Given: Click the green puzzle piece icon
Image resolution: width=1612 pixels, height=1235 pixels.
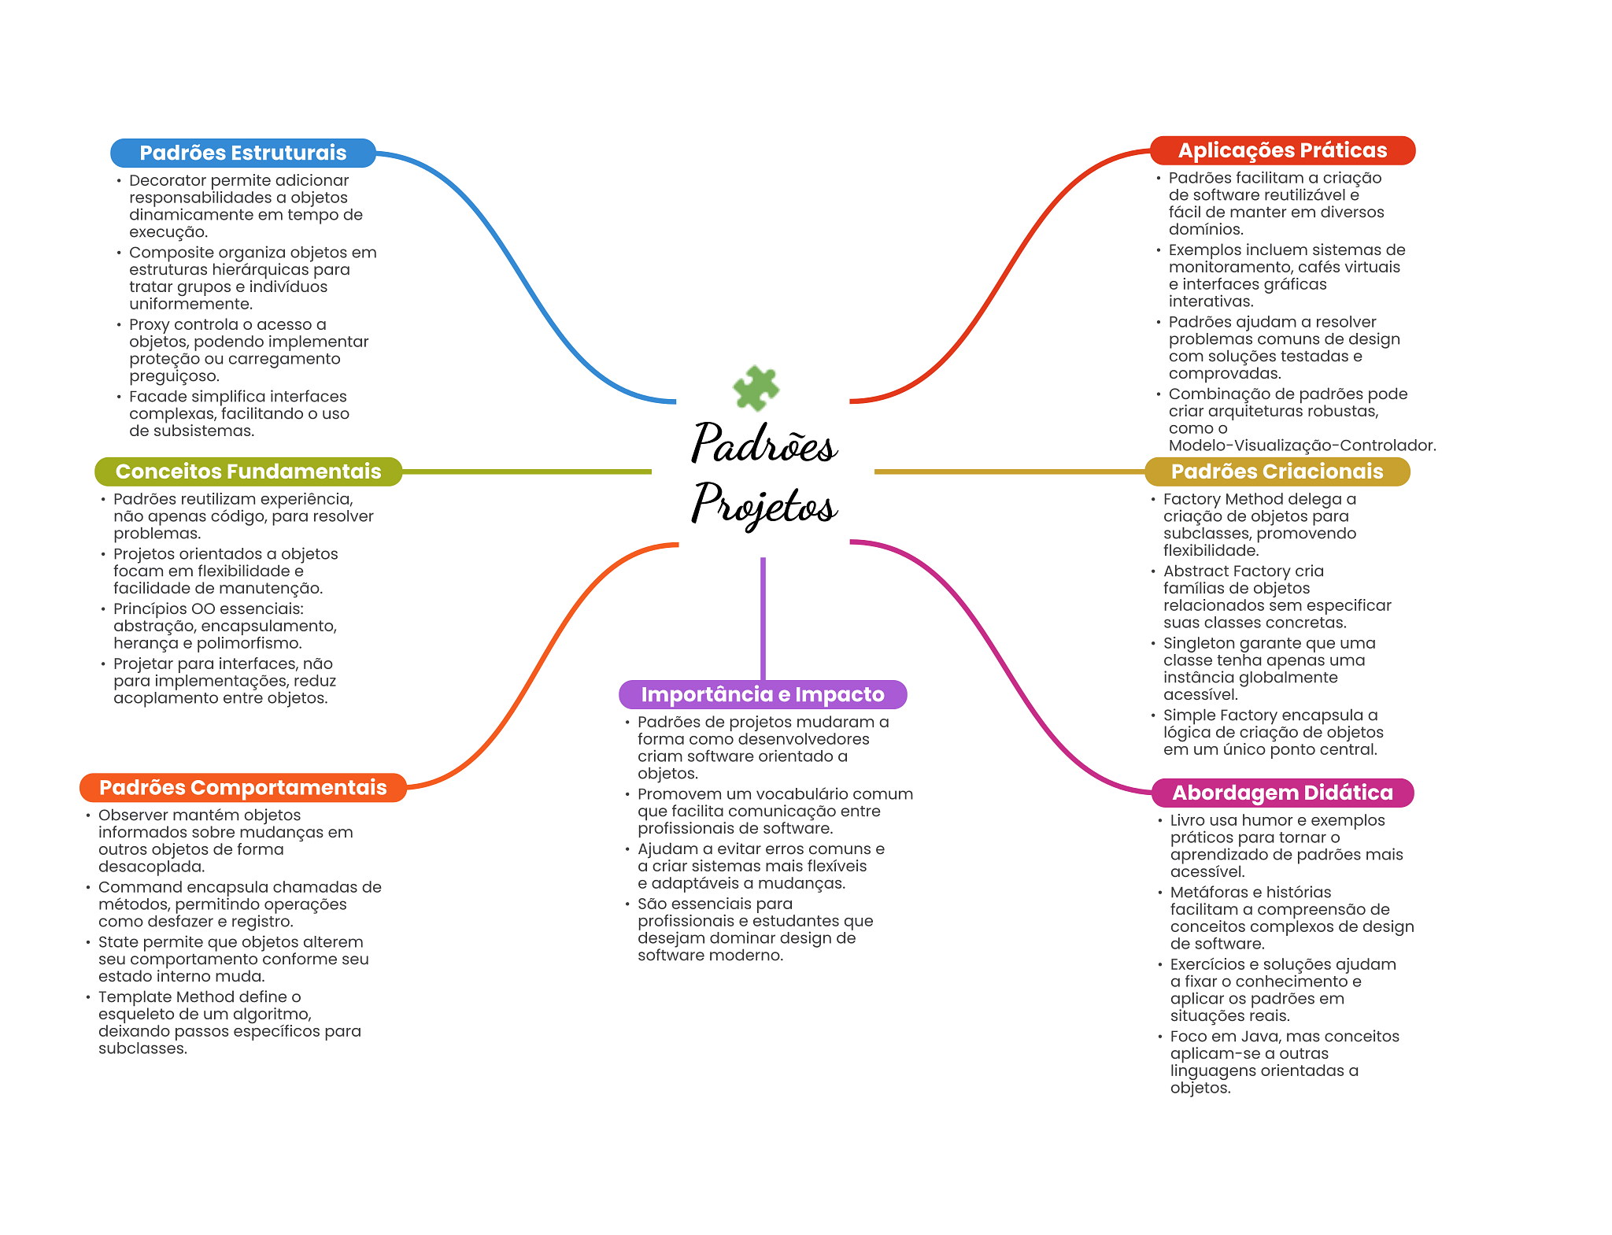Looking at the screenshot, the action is pyautogui.click(x=756, y=387).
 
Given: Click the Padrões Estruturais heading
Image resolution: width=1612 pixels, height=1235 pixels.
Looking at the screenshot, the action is pyautogui.click(x=243, y=153).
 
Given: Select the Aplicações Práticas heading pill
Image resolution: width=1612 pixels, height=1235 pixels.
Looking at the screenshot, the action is pyautogui.click(x=1282, y=150).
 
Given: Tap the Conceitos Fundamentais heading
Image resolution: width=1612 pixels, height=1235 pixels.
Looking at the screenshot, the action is pyautogui.click(x=248, y=471).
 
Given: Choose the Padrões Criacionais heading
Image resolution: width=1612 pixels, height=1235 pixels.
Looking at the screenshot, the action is pyautogui.click(x=1277, y=471).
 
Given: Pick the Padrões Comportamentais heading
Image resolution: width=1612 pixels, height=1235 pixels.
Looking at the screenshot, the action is pyautogui.click(x=243, y=788).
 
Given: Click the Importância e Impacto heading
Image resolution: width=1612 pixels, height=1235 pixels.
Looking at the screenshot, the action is pyautogui.click(x=763, y=694).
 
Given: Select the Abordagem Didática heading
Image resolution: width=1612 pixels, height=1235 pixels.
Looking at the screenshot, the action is pyautogui.click(x=1282, y=793).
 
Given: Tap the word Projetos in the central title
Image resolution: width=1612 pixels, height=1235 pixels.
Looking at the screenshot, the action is pyautogui.click(x=764, y=504).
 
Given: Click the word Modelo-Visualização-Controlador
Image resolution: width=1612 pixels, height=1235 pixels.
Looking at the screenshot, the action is pyautogui.click(x=1302, y=446).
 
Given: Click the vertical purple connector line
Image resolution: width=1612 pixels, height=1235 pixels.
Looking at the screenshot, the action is pyautogui.click(x=763, y=619).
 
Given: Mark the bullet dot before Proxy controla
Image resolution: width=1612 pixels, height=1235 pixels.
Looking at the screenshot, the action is pyautogui.click(x=119, y=325).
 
